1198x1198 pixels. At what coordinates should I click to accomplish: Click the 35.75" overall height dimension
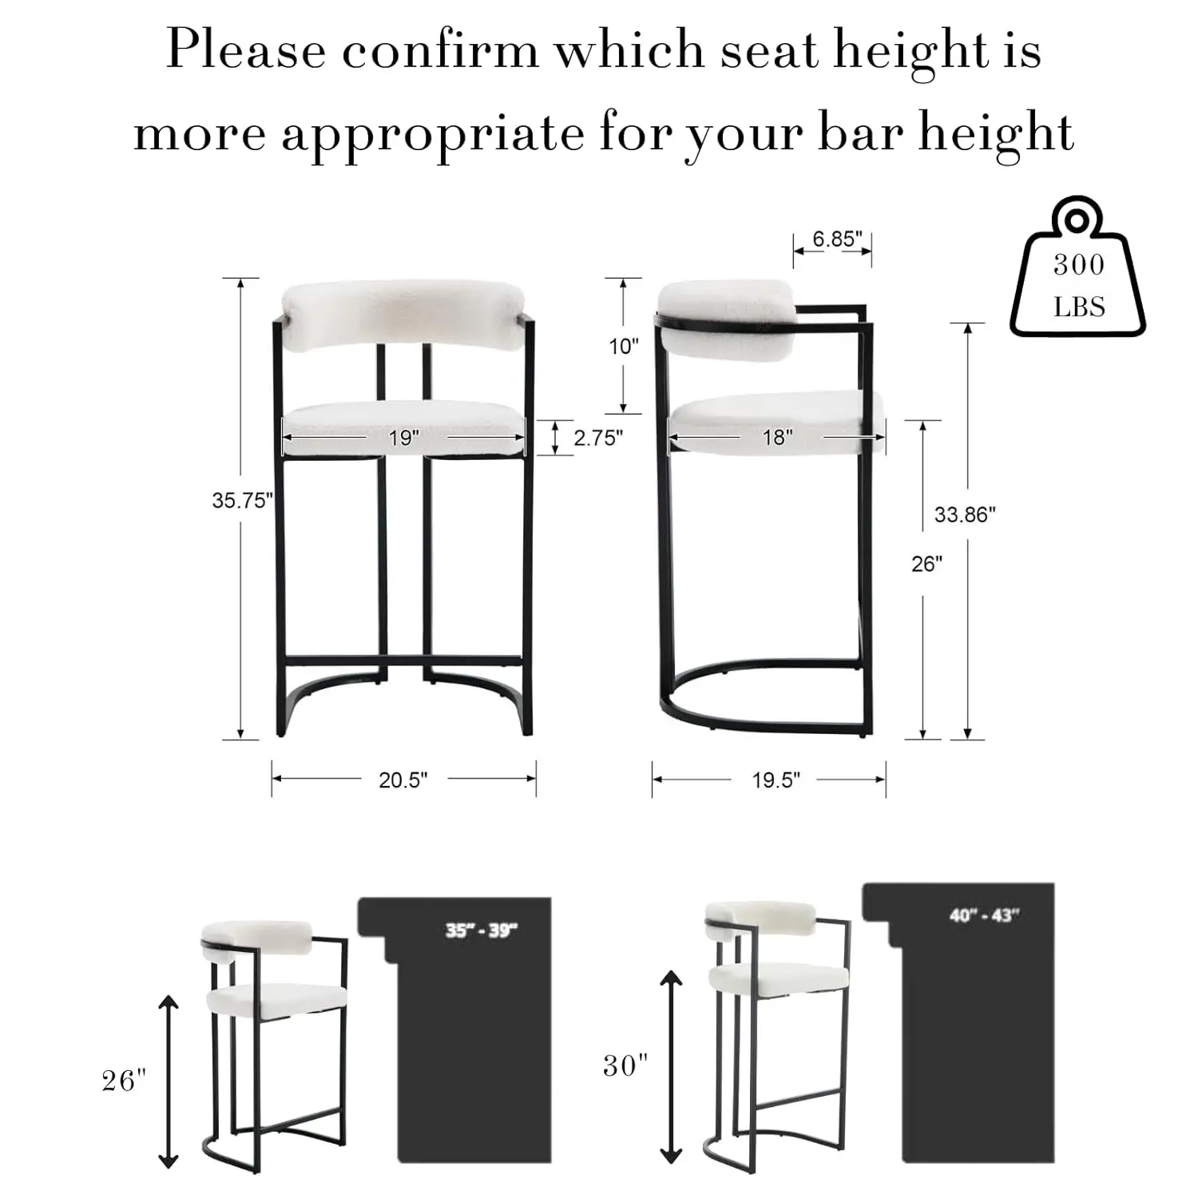[242, 501]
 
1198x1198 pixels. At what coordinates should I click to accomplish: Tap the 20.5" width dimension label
[403, 780]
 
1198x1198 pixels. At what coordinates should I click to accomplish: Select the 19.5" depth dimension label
[776, 780]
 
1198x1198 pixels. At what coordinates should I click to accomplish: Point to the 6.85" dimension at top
[837, 239]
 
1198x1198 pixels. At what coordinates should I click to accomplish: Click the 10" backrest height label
[624, 347]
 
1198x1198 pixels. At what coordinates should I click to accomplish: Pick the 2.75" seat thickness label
[597, 438]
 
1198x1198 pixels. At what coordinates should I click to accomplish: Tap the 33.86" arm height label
[965, 515]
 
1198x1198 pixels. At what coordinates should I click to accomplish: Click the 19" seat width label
[404, 438]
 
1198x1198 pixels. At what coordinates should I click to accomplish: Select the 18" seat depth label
[777, 438]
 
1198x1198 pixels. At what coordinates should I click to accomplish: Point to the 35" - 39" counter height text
[482, 930]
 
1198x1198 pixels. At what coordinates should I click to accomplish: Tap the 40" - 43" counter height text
[985, 915]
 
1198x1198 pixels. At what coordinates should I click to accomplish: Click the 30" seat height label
[625, 1065]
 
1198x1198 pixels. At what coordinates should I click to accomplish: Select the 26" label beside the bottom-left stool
[124, 1081]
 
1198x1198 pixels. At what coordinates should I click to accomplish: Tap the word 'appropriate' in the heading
[433, 133]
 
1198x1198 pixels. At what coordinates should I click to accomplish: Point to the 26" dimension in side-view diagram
[926, 565]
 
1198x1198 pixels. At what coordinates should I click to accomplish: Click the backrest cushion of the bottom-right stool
[760, 918]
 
